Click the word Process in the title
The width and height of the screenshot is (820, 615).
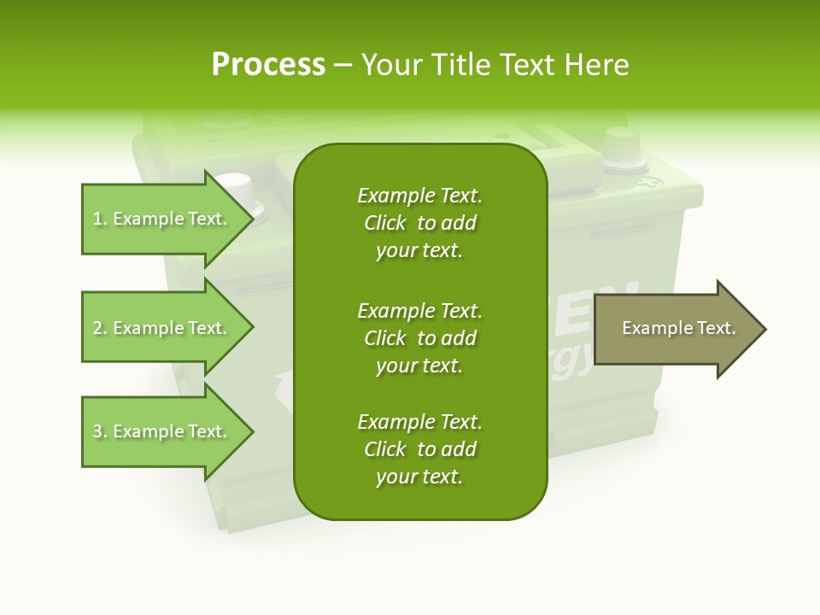point(268,65)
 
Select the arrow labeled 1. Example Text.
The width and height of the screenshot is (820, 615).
point(162,219)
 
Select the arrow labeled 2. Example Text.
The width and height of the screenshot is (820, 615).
point(162,328)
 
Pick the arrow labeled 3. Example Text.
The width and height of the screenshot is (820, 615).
point(162,431)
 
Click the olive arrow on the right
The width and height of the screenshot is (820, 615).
point(675,329)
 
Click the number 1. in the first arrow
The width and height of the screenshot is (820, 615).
point(100,220)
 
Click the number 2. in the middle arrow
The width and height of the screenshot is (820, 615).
point(100,329)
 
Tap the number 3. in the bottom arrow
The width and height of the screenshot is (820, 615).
point(100,432)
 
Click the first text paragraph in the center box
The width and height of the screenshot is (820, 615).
point(419,223)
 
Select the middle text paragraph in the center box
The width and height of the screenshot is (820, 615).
point(419,337)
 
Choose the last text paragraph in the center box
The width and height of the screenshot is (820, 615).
point(419,449)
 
